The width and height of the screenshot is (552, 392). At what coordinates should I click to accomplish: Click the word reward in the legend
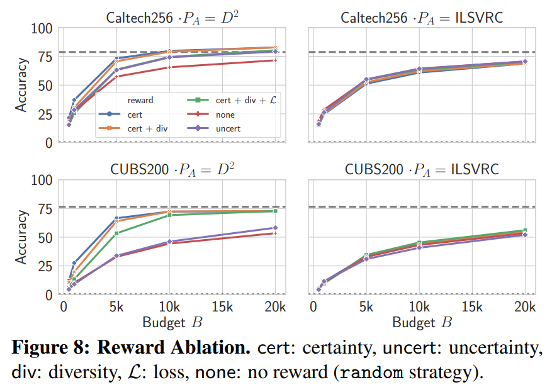pyautogui.click(x=140, y=100)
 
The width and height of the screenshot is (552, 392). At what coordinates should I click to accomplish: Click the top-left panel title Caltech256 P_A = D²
pyautogui.click(x=169, y=16)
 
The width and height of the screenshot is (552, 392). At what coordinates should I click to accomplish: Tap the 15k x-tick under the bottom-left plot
pyautogui.click(x=222, y=308)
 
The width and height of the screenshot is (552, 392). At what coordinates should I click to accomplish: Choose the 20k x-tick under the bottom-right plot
pyautogui.click(x=524, y=308)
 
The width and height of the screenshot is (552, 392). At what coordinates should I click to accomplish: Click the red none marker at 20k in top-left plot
pyautogui.click(x=274, y=60)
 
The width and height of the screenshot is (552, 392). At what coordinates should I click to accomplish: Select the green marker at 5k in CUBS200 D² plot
pyautogui.click(x=116, y=233)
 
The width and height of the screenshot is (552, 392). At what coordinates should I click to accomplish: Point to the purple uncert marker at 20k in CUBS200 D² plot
pyautogui.click(x=274, y=228)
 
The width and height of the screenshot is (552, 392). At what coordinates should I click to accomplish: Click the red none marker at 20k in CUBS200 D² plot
pyautogui.click(x=274, y=233)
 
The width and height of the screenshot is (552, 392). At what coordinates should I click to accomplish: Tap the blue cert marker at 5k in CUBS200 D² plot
pyautogui.click(x=116, y=218)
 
